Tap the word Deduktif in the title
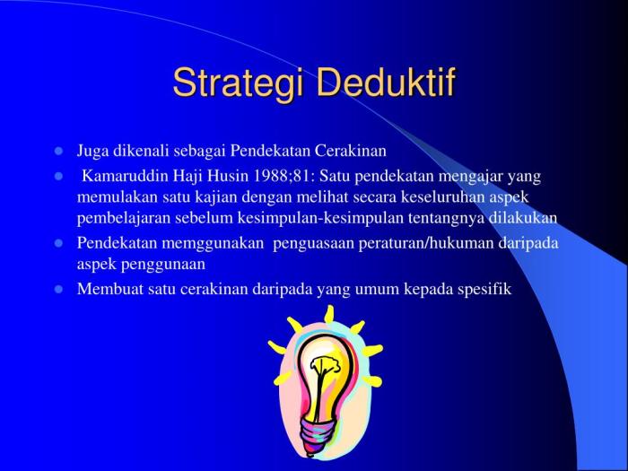tap(388, 82)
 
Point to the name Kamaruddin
tap(123, 176)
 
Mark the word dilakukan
tap(523, 218)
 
